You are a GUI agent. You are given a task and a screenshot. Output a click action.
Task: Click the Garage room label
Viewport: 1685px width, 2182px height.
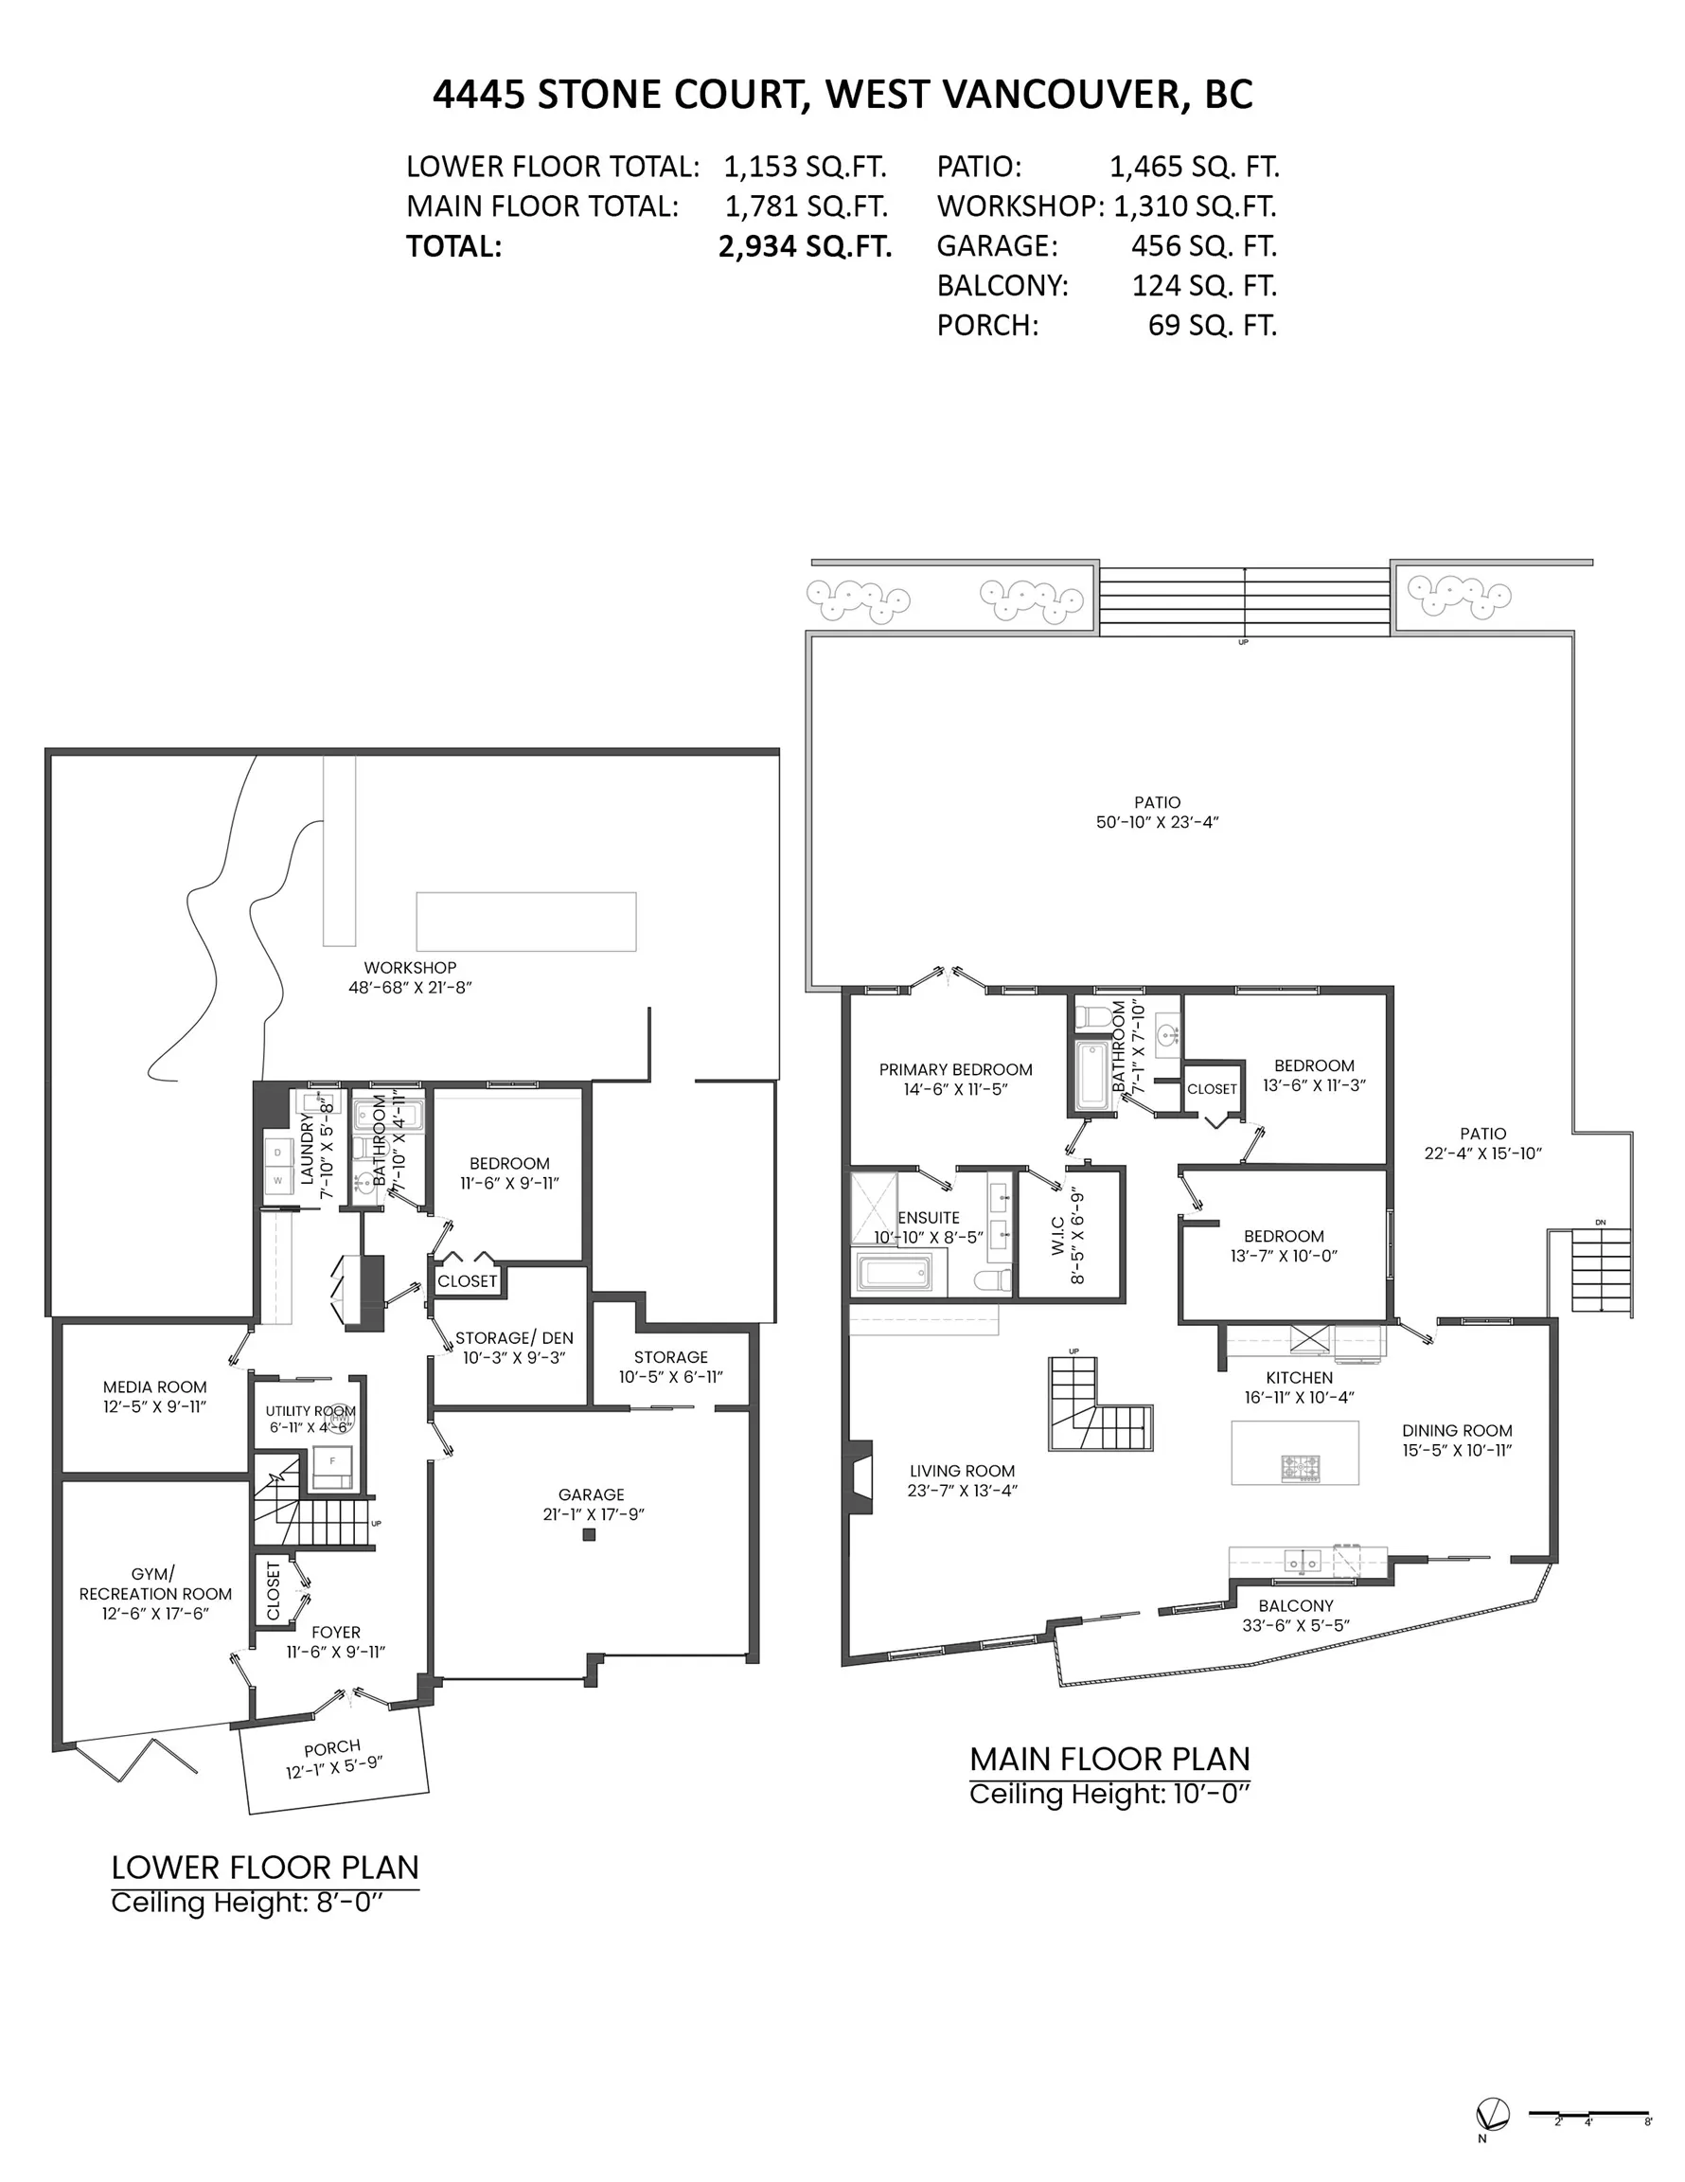tap(592, 1493)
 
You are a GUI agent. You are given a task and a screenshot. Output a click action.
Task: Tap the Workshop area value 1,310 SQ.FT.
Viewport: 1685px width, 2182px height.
tap(1195, 206)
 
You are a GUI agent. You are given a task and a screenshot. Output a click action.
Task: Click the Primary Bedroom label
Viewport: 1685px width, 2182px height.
tap(955, 1069)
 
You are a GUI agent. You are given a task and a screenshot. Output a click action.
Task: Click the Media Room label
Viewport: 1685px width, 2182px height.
tap(155, 1386)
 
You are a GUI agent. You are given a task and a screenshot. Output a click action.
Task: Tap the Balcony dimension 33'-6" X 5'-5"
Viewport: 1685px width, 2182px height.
tap(1296, 1625)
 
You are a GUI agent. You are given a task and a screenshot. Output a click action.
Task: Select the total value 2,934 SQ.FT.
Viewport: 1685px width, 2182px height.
tap(804, 246)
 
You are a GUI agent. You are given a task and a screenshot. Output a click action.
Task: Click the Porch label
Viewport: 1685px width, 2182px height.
tap(331, 1747)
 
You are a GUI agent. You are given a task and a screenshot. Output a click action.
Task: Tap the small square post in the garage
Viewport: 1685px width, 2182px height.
tap(590, 1534)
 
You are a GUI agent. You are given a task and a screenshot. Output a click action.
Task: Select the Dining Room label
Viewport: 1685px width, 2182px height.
tap(1456, 1430)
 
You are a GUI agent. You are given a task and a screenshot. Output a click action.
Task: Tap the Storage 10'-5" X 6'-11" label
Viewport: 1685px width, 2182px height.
tap(670, 1366)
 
